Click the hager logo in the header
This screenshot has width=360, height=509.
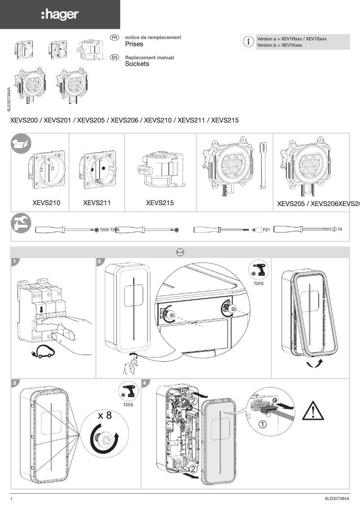pyautogui.click(x=60, y=15)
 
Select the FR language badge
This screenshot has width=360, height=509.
pyautogui.click(x=114, y=37)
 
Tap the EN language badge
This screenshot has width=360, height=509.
pyautogui.click(x=114, y=57)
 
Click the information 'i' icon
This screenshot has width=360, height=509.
pyautogui.click(x=248, y=42)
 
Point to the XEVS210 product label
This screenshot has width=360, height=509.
pyautogui.click(x=46, y=203)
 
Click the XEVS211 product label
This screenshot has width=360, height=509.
pyautogui.click(x=97, y=203)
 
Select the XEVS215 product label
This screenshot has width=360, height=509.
pyautogui.click(x=160, y=203)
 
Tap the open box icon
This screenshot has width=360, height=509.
pyautogui.click(x=21, y=144)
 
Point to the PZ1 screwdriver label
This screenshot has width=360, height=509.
pyautogui.click(x=266, y=230)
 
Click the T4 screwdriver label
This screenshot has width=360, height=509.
pyautogui.click(x=340, y=229)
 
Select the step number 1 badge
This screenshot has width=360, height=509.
pyautogui.click(x=15, y=261)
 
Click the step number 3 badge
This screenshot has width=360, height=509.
pyautogui.click(x=15, y=383)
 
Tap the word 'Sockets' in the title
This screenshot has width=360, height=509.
pyautogui.click(x=137, y=64)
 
